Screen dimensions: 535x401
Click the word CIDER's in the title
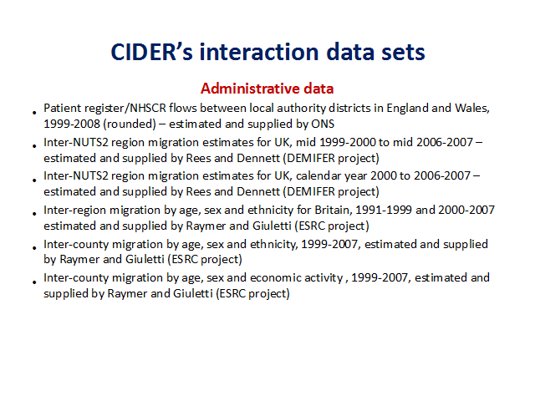pyautogui.click(x=151, y=52)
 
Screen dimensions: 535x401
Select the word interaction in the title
pyautogui.click(x=259, y=52)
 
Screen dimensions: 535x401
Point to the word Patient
pyautogui.click(x=62, y=108)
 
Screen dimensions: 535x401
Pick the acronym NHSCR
pyautogui.click(x=148, y=108)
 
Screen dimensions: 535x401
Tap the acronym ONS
pyautogui.click(x=323, y=124)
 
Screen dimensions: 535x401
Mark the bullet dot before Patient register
pyautogui.click(x=34, y=113)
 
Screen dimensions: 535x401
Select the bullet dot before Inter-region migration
pyautogui.click(x=34, y=214)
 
